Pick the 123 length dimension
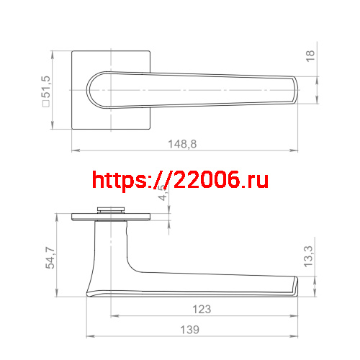(x=203, y=310)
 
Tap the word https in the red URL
(x=118, y=180)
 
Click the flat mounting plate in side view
(x=112, y=216)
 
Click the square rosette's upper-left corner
(x=73, y=51)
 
